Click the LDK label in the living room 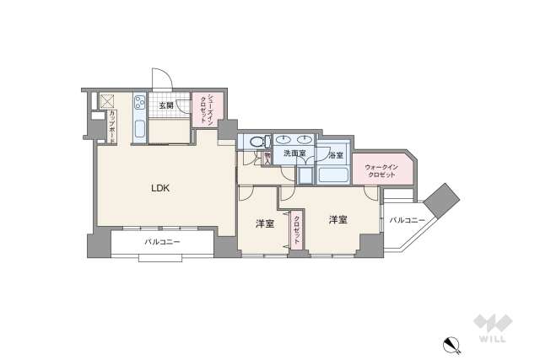(160, 189)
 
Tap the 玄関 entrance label (166, 105)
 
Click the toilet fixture (255, 142)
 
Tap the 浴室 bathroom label (335, 155)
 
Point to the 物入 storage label (267, 157)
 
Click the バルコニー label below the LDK (163, 242)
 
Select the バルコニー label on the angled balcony (407, 220)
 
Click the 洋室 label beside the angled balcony (338, 219)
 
